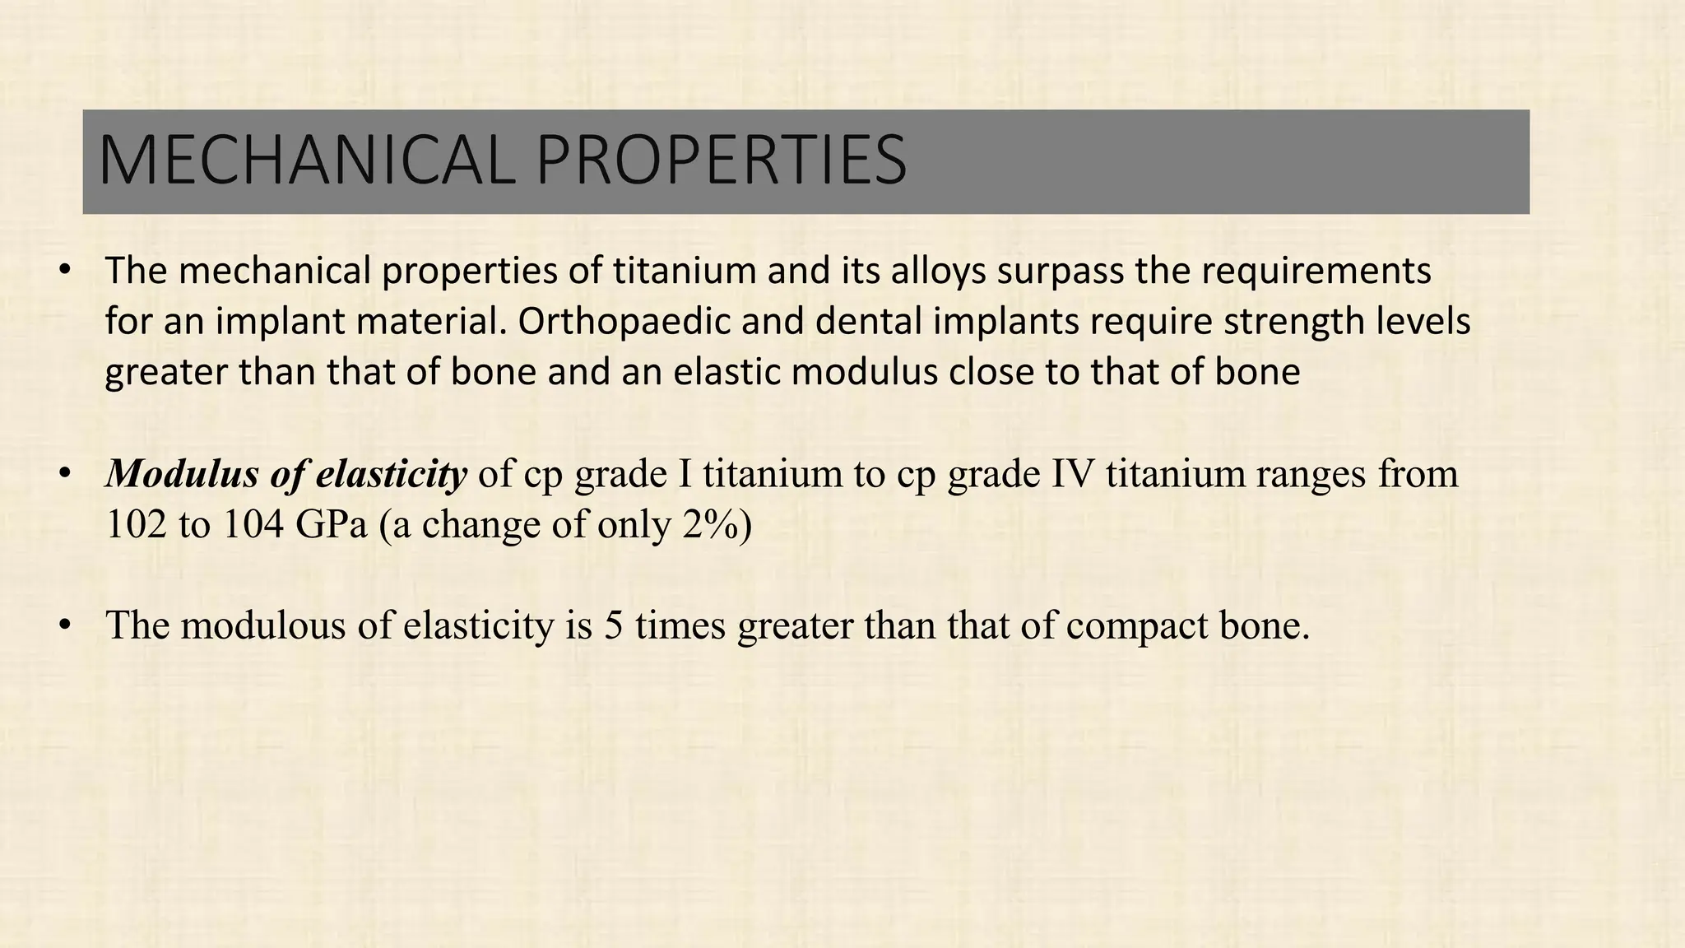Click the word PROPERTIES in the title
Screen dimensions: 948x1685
(x=721, y=160)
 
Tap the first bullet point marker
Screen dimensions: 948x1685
(x=65, y=271)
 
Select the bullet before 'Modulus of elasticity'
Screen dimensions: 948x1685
(x=65, y=475)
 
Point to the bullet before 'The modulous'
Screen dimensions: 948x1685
(x=65, y=626)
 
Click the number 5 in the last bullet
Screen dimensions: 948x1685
(x=613, y=626)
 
